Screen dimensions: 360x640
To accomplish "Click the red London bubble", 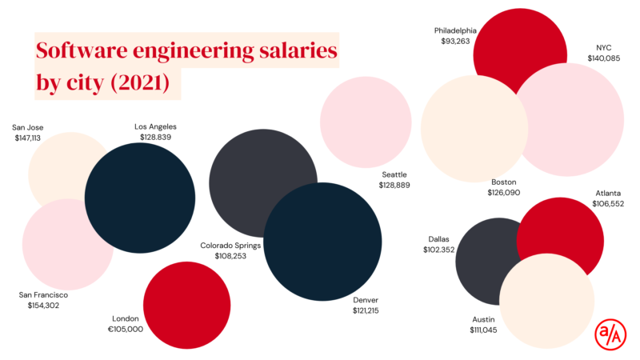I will [x=187, y=305].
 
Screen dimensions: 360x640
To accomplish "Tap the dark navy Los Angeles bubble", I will [x=140, y=198].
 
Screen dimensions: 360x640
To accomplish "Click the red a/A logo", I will [x=610, y=334].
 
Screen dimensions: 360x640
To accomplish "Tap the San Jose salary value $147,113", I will [x=28, y=138].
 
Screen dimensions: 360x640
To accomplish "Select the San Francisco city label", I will [x=43, y=294].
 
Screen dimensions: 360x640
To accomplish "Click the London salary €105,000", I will [x=126, y=329].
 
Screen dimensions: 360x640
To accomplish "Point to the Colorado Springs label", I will [x=230, y=246].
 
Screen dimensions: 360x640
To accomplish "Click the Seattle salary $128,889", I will [x=394, y=185].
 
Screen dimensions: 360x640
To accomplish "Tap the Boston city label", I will [x=504, y=182].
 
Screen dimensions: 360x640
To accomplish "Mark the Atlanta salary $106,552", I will [x=608, y=204].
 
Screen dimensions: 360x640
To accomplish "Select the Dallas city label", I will [x=438, y=239].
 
